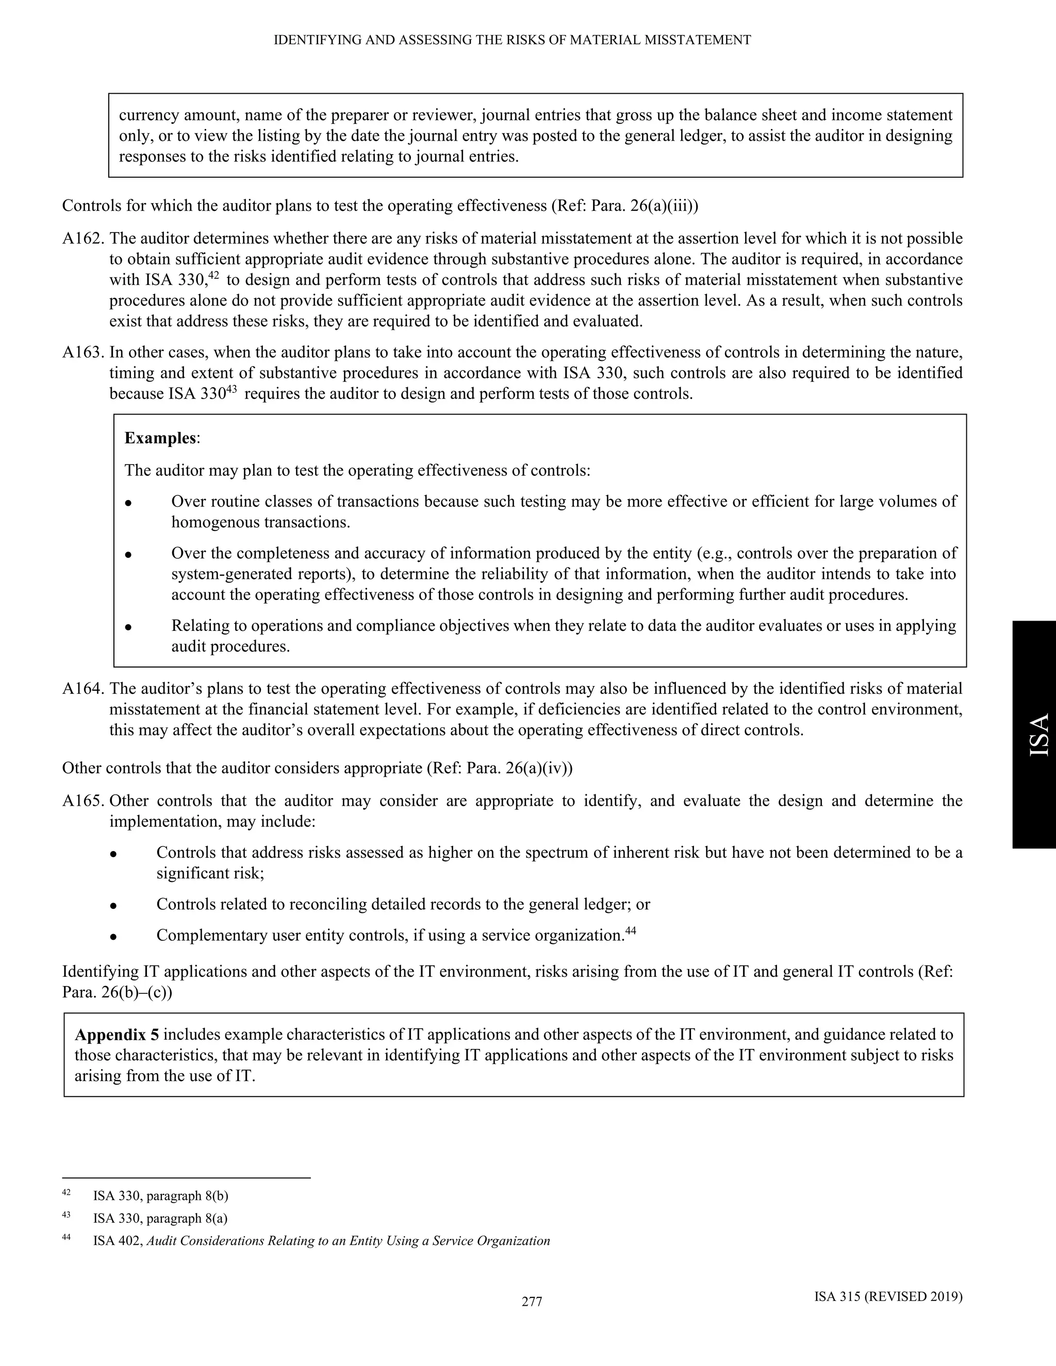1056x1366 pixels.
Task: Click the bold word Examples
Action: point(160,438)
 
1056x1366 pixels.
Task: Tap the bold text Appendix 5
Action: point(117,1035)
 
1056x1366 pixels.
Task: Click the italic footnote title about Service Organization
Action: point(347,1241)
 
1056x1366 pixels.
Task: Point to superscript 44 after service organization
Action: point(631,930)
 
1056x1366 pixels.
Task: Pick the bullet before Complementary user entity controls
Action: point(113,937)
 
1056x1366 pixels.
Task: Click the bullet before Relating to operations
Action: point(128,627)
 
